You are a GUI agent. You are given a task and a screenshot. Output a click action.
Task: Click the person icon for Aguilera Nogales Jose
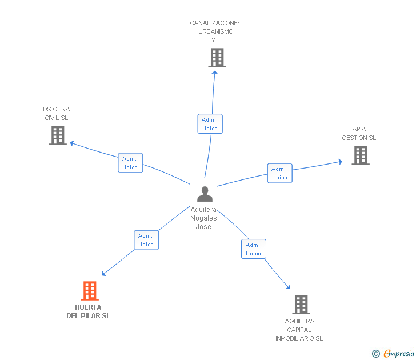205,194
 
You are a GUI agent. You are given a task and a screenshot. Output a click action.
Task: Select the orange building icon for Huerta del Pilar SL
90,291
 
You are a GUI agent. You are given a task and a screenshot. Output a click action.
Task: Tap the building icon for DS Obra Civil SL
58,135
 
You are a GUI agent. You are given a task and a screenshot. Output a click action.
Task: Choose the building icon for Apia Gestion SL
361,155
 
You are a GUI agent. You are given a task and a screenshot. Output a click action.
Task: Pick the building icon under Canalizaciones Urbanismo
217,58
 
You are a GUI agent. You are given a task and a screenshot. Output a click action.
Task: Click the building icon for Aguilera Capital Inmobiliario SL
301,305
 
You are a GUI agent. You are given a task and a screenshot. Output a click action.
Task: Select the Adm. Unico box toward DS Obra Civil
130,163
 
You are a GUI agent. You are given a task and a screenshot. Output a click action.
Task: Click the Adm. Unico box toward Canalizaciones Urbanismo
210,124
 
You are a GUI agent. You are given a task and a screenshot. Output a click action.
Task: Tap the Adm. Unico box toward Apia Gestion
279,173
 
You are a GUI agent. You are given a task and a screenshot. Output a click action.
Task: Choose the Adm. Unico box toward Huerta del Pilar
146,240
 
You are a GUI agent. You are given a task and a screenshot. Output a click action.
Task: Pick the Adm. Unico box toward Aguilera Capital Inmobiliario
253,249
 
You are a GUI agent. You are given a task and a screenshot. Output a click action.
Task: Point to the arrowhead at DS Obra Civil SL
71,143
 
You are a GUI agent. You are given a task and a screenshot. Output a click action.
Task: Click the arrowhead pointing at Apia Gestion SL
341,162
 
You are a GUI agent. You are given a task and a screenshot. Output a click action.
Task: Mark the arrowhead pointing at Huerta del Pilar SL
104,274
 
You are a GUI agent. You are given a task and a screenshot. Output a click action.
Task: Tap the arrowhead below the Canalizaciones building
215,73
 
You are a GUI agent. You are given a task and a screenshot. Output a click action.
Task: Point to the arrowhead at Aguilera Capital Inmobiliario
289,287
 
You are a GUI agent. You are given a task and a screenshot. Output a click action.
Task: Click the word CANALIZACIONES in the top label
215,23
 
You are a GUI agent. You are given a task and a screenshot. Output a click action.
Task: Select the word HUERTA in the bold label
88,307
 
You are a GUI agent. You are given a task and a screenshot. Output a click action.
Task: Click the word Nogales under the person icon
203,218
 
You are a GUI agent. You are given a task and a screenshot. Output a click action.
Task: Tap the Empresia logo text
399,353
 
